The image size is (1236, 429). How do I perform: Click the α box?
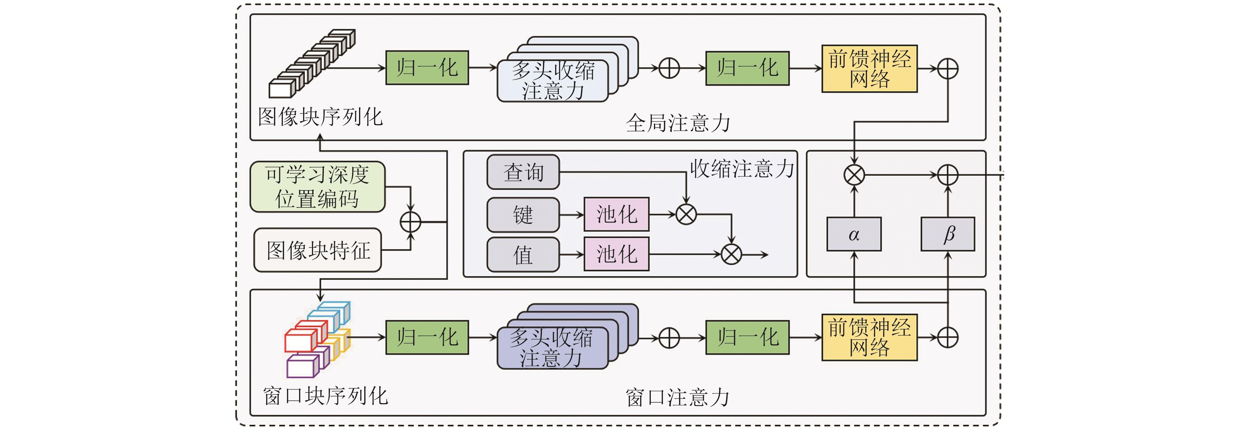coord(853,234)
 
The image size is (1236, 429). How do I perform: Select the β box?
coord(948,234)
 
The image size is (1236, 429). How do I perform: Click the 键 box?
coord(523,214)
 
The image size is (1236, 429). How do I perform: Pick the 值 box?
coord(523,255)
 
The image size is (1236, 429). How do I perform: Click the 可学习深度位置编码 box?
coord(317,187)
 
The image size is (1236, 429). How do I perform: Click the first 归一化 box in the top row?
coord(427,68)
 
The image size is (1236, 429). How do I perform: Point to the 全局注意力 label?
coord(678,123)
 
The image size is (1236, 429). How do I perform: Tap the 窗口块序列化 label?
coord(325,396)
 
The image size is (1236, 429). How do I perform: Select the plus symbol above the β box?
coord(948,175)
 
